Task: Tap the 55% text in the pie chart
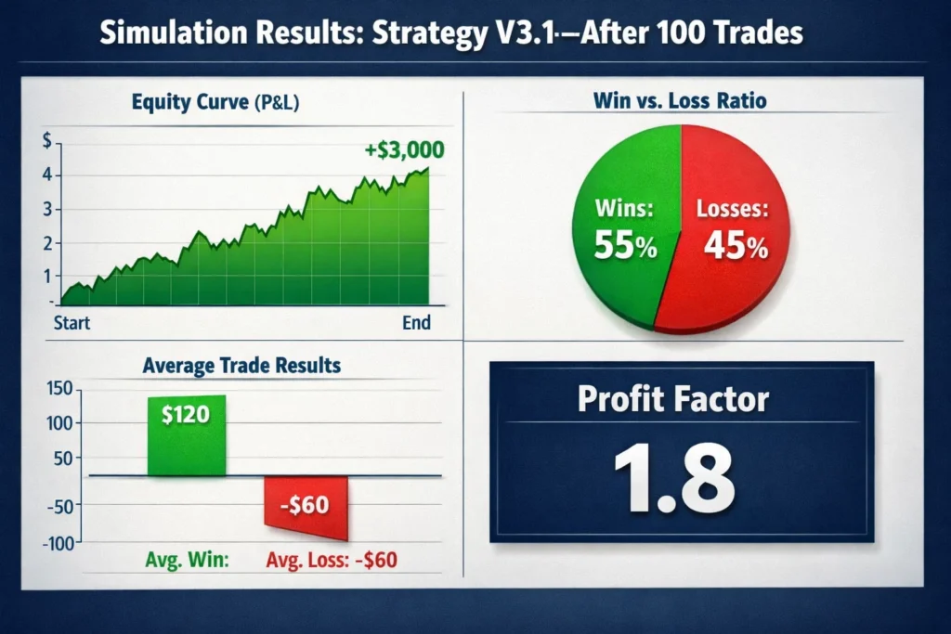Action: (x=627, y=247)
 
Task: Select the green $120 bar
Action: (x=187, y=436)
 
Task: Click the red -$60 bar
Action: (x=306, y=507)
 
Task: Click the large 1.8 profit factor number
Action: (x=681, y=479)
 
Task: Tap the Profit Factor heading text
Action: (x=673, y=398)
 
